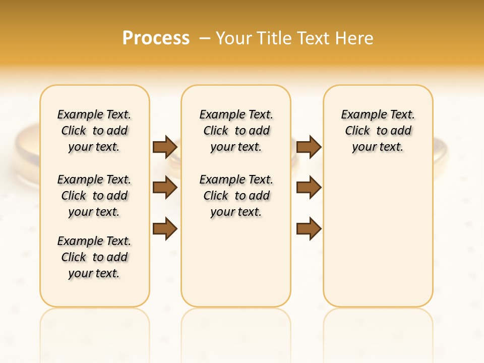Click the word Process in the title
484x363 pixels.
tap(156, 38)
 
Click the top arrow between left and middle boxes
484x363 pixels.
tap(165, 147)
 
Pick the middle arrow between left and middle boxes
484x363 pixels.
tap(165, 188)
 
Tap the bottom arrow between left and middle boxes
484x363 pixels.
tap(165, 228)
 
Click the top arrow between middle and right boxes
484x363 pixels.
tap(309, 147)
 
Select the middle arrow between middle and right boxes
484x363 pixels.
tap(309, 188)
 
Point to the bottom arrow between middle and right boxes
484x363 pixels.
tap(309, 228)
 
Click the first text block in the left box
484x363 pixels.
tap(94, 131)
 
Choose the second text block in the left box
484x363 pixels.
tap(94, 196)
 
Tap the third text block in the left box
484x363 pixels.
tap(94, 257)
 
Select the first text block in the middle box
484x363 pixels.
tap(236, 131)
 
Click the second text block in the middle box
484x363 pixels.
tap(236, 196)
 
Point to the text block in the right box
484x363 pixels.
tap(378, 131)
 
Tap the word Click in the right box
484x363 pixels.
tap(357, 131)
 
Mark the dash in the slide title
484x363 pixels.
tap(205, 38)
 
